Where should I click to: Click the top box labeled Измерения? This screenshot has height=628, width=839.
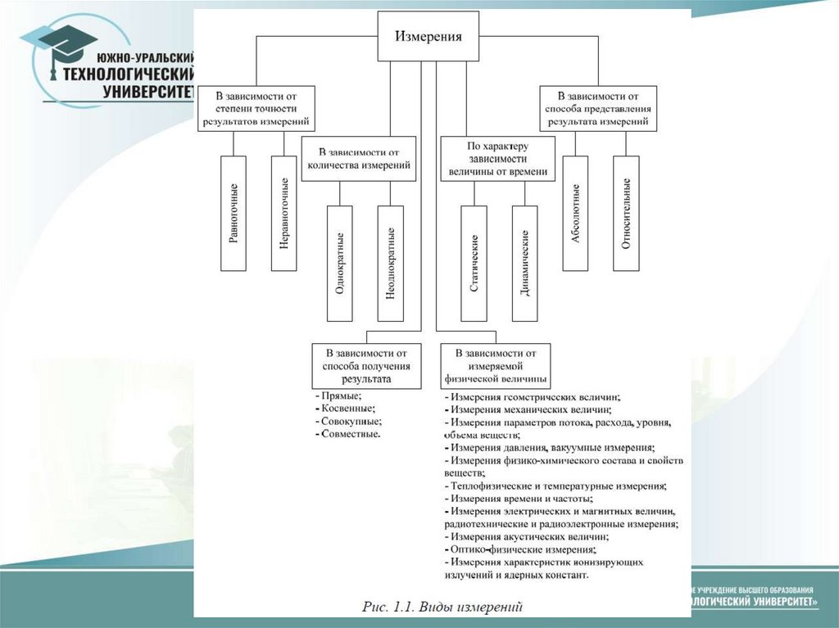(429, 37)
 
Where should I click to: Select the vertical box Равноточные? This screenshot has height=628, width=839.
(234, 213)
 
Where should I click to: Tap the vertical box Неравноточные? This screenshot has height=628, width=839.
(283, 213)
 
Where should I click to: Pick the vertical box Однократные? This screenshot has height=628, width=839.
(339, 263)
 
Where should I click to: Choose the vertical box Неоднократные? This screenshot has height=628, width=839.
(391, 263)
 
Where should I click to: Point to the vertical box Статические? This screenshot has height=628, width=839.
(474, 263)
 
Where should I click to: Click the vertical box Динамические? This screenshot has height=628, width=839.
(524, 263)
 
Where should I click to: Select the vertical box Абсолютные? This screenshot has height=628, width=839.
(575, 213)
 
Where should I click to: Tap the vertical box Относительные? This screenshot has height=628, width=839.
(626, 213)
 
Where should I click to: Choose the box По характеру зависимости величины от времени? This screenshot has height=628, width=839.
(498, 158)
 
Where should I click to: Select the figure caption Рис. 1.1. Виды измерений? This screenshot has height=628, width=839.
(442, 607)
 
